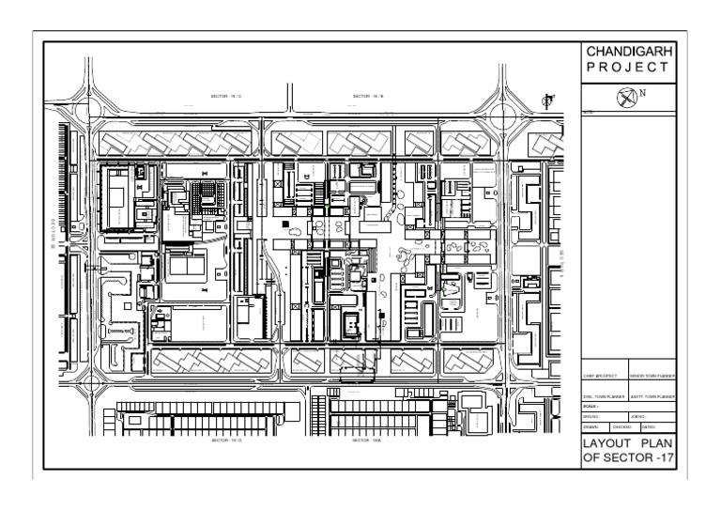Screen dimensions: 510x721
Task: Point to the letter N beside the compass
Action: point(643,92)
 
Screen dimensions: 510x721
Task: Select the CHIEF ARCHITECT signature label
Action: point(604,377)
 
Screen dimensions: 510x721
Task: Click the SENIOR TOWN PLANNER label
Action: point(652,377)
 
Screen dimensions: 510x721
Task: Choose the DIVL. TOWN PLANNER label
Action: point(604,397)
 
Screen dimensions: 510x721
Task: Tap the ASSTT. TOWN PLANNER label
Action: point(652,397)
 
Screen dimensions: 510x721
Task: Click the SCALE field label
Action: point(591,407)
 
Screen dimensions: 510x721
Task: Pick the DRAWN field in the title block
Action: point(593,426)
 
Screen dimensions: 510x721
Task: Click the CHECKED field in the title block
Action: point(622,426)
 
